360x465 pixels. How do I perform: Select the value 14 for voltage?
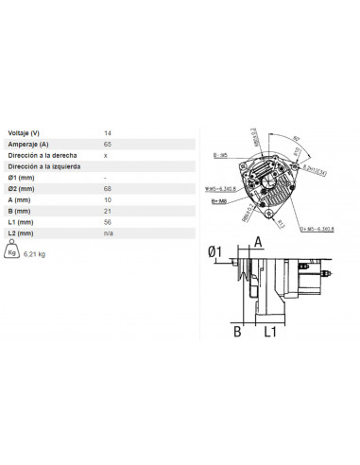107,132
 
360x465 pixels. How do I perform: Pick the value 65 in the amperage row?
107,144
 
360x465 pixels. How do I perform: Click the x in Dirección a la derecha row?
105,155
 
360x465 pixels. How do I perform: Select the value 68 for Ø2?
107,188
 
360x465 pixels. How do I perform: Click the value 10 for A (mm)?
107,199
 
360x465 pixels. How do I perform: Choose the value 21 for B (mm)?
107,211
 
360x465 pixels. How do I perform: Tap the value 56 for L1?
107,221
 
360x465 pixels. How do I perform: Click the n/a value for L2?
108,232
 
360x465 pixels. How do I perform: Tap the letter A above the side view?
256,242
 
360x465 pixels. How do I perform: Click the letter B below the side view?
238,332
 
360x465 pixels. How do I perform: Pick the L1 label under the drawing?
268,332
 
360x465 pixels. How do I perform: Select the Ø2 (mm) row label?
22,188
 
